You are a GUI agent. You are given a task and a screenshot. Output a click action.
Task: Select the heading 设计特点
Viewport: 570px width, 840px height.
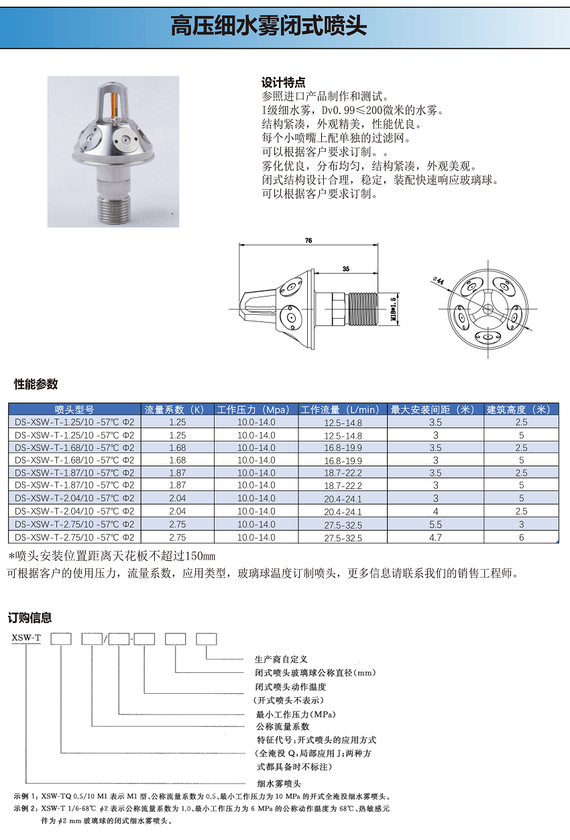pyautogui.click(x=283, y=83)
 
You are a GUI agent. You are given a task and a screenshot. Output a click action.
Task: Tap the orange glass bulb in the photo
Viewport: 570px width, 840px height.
pyautogui.click(x=113, y=105)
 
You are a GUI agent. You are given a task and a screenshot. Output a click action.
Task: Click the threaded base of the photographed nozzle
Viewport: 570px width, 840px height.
pyautogui.click(x=112, y=205)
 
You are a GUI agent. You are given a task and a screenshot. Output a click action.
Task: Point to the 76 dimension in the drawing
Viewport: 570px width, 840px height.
pyautogui.click(x=308, y=240)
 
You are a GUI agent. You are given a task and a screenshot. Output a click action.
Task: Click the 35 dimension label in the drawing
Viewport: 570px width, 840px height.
pyautogui.click(x=345, y=268)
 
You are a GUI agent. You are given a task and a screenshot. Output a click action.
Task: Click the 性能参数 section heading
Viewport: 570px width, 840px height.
pyautogui.click(x=36, y=384)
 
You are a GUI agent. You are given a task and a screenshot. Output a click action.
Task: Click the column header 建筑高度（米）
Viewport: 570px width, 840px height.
pyautogui.click(x=521, y=409)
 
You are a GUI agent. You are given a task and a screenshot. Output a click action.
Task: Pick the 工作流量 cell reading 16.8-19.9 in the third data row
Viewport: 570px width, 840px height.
pyautogui.click(x=343, y=448)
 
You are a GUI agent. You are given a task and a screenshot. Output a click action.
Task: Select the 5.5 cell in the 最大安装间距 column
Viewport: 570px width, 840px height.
pyautogui.click(x=435, y=524)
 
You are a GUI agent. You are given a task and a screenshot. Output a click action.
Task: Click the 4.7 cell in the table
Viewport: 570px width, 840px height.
pyautogui.click(x=435, y=537)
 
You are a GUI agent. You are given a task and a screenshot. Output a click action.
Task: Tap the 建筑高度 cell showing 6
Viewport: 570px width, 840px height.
pyautogui.click(x=521, y=537)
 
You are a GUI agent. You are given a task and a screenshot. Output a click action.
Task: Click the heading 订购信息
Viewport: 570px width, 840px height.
pyautogui.click(x=30, y=618)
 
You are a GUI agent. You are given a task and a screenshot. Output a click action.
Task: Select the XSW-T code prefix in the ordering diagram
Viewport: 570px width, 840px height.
pyautogui.click(x=26, y=638)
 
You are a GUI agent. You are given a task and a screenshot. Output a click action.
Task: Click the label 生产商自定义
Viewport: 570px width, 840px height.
pyautogui.click(x=281, y=660)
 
